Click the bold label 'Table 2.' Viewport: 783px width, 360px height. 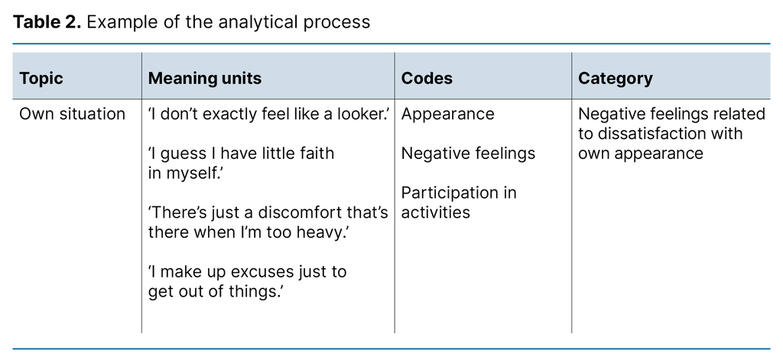[x=47, y=21]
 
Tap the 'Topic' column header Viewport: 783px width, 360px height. [x=41, y=78]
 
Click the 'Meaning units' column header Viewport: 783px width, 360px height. [x=205, y=78]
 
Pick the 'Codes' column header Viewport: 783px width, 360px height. [x=427, y=78]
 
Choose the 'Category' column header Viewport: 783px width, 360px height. [x=616, y=78]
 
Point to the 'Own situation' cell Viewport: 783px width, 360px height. [x=72, y=114]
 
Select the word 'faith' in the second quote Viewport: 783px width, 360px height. [x=314, y=153]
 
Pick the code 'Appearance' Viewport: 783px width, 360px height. [x=448, y=114]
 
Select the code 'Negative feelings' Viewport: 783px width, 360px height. [x=468, y=153]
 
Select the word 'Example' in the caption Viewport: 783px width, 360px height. [x=117, y=21]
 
